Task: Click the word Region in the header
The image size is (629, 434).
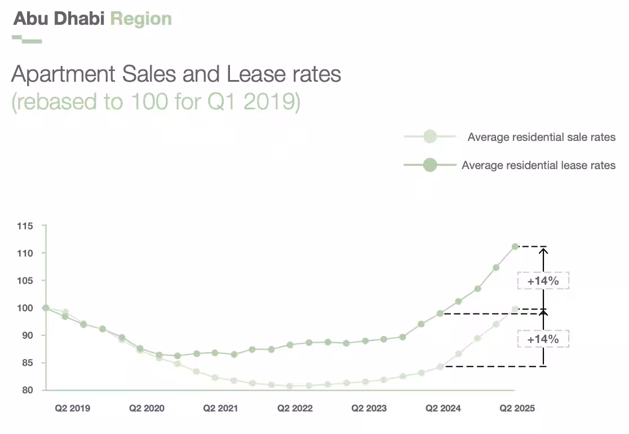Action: pyautogui.click(x=141, y=19)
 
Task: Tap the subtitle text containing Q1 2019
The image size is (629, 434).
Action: pyautogui.click(x=156, y=103)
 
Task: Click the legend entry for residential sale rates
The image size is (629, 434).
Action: pyautogui.click(x=541, y=137)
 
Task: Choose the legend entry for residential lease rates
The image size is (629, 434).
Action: pyautogui.click(x=538, y=165)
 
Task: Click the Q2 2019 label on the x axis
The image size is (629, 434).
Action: pyautogui.click(x=72, y=408)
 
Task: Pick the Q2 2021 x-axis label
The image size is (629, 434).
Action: pyautogui.click(x=220, y=408)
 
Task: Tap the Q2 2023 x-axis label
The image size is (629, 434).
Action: pyautogui.click(x=369, y=408)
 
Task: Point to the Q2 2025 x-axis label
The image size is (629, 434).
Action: pyautogui.click(x=517, y=408)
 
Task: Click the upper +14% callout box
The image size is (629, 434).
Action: pyautogui.click(x=543, y=281)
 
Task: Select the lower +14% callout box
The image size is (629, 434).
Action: pyautogui.click(x=543, y=339)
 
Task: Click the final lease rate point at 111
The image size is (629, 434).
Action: pyautogui.click(x=515, y=246)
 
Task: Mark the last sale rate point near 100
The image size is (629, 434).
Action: pyautogui.click(x=515, y=309)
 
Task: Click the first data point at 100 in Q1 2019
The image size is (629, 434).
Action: pyautogui.click(x=46, y=308)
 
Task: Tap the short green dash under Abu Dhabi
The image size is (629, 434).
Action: pyautogui.click(x=27, y=39)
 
